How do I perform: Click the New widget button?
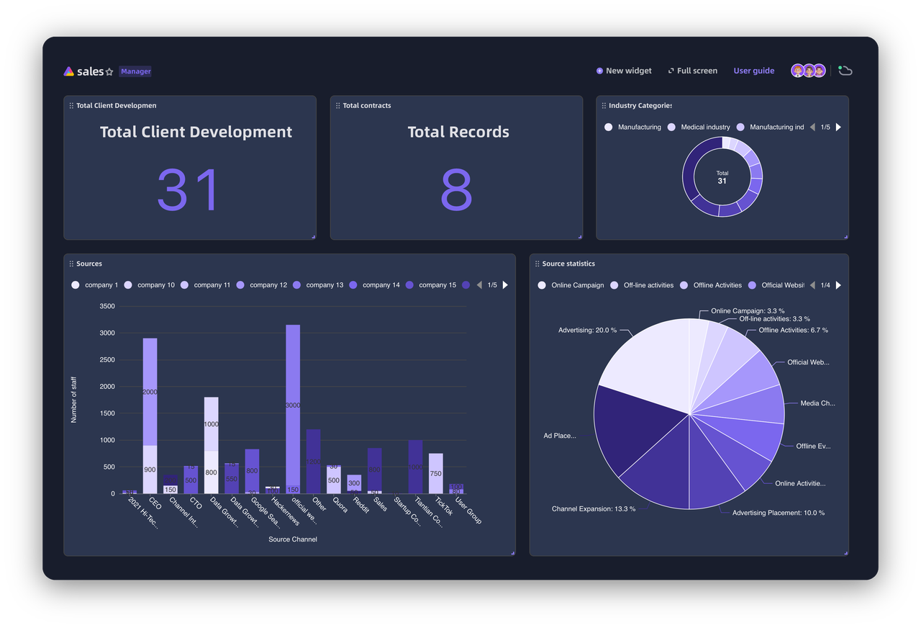pos(624,71)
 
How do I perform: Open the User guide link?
pos(753,71)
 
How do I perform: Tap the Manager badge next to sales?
pos(135,71)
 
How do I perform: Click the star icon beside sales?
pos(109,72)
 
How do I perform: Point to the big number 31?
pos(188,190)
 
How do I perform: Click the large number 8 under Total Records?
pos(456,190)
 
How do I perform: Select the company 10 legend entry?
pos(150,285)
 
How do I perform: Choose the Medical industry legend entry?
pos(699,127)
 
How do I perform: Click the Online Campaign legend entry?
pos(571,285)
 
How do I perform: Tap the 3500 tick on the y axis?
pos(106,306)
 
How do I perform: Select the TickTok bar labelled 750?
pos(435,473)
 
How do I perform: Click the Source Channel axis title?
pos(293,539)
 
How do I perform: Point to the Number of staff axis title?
pos(74,400)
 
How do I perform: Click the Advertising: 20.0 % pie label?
pos(587,330)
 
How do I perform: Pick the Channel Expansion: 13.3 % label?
pos(593,508)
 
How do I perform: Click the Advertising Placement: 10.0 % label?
pos(778,513)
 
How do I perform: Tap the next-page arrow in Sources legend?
pos(505,285)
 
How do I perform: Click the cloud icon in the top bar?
pos(845,71)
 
